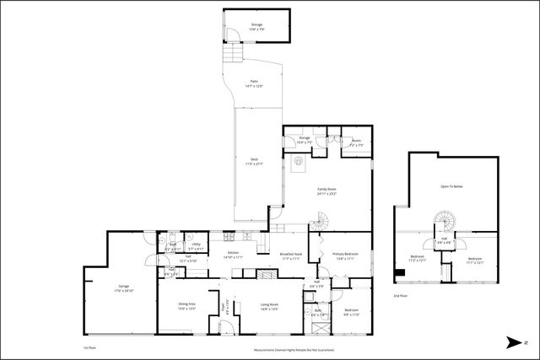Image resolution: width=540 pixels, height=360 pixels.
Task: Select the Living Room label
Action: [x=268, y=307]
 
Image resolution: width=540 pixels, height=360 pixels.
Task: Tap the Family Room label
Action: [x=327, y=191]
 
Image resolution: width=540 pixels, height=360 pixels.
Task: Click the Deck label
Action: [x=254, y=160]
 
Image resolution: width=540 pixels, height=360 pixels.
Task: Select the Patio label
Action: [x=252, y=84]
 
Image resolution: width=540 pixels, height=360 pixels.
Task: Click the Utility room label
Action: [x=195, y=246]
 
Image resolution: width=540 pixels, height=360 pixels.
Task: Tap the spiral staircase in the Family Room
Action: [x=321, y=223]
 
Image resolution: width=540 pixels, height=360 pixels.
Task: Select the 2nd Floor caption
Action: [x=400, y=296]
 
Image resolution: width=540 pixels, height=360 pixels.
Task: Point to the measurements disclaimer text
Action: [x=294, y=349]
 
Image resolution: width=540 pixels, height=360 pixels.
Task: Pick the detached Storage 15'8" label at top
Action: [x=256, y=27]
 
